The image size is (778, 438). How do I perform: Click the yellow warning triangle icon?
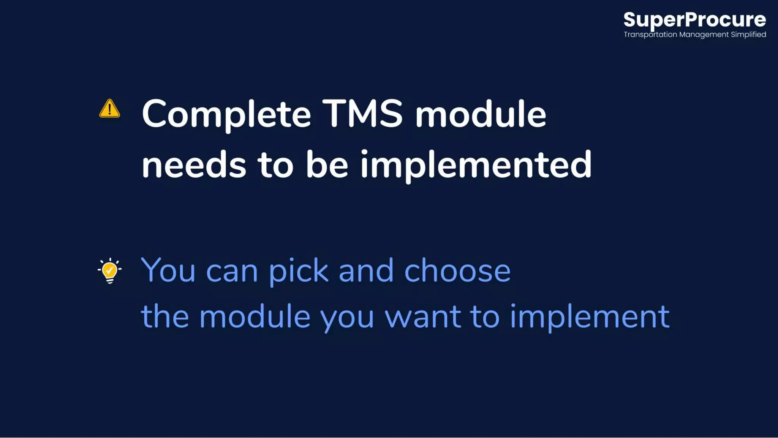point(109,109)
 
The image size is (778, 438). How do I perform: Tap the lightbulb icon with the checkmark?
point(110,270)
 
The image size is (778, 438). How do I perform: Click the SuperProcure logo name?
point(694,20)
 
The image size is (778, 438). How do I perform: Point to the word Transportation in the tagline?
point(650,35)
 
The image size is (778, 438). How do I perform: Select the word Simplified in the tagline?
point(748,35)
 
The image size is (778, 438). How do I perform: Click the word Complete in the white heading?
point(226,114)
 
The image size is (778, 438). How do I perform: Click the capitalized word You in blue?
point(168,270)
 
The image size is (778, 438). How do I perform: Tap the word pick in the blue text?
point(298,271)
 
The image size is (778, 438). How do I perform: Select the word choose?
point(457,270)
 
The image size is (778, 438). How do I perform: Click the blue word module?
point(255,316)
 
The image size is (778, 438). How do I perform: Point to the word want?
point(423,316)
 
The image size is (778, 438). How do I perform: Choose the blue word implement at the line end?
point(590,316)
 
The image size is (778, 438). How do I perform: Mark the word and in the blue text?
point(366,270)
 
